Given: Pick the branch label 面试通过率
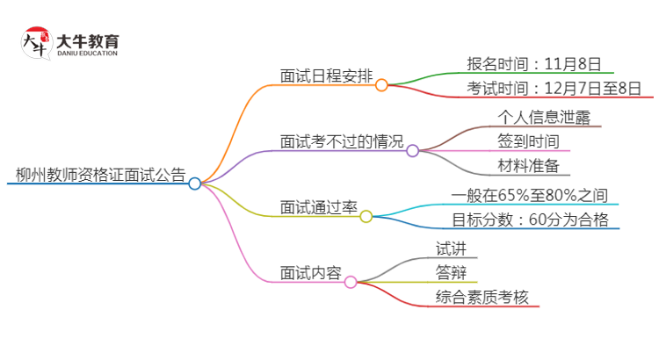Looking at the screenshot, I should click(x=318, y=207).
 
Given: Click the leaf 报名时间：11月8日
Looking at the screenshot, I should click(x=534, y=63).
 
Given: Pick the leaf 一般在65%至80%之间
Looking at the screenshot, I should click(x=530, y=195).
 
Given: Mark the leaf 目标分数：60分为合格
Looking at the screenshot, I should click(x=531, y=220).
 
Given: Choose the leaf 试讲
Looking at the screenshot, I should click(x=452, y=248).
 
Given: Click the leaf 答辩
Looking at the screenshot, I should click(x=452, y=272).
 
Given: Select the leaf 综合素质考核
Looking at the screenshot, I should click(x=482, y=297).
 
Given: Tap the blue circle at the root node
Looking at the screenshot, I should click(x=195, y=184).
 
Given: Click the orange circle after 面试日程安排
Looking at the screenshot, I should click(x=381, y=85).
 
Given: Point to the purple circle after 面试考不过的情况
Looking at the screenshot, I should click(x=413, y=151).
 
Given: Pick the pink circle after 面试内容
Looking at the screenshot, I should click(x=351, y=282).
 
